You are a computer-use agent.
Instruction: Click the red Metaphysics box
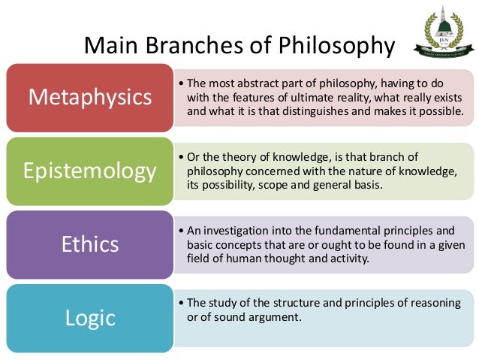pyautogui.click(x=89, y=97)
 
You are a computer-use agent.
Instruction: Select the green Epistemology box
pyautogui.click(x=89, y=171)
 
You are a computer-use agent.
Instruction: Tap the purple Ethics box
pyautogui.click(x=89, y=244)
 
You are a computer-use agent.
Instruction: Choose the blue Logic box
pyautogui.click(x=89, y=316)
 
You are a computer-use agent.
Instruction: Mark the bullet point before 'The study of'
pyautogui.click(x=182, y=304)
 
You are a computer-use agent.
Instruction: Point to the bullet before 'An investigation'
pyautogui.click(x=182, y=231)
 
